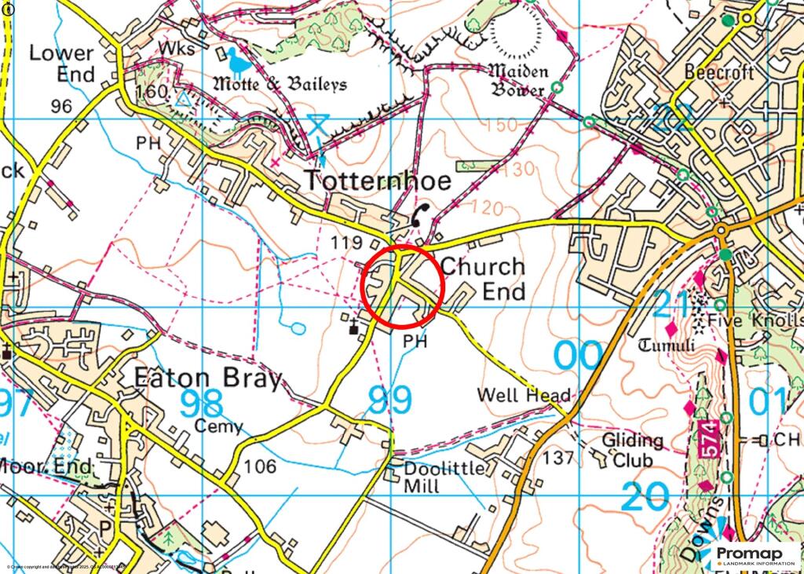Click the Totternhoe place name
tap(378, 181)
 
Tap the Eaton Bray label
tap(207, 379)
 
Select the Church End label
tap(482, 279)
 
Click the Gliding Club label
tap(632, 450)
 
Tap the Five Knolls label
tap(754, 320)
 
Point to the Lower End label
tap(61, 64)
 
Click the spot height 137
tap(559, 458)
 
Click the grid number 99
tap(389, 400)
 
